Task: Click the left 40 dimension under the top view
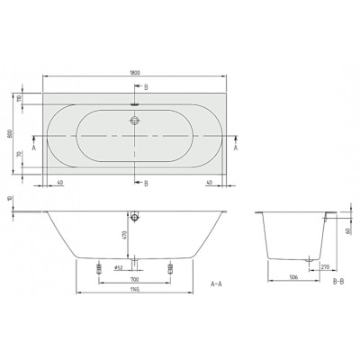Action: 59,183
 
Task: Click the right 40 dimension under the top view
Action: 209,183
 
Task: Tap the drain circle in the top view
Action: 135,119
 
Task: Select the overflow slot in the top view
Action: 135,102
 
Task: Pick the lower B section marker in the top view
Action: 147,183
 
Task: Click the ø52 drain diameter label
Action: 117,267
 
